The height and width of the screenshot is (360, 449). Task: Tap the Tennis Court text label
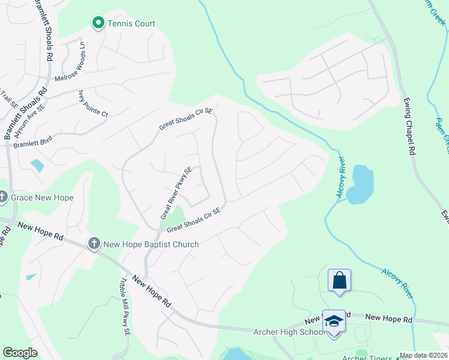click(131, 23)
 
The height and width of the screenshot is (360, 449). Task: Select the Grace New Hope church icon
click(2, 197)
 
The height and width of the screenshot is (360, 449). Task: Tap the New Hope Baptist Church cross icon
click(94, 244)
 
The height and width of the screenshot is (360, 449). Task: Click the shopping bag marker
click(339, 280)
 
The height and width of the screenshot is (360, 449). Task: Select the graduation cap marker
click(334, 321)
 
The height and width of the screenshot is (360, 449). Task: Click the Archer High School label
click(289, 332)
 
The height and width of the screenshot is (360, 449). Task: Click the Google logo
click(20, 353)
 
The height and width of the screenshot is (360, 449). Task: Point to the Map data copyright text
click(424, 355)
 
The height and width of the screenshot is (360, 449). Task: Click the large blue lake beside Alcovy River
click(360, 184)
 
